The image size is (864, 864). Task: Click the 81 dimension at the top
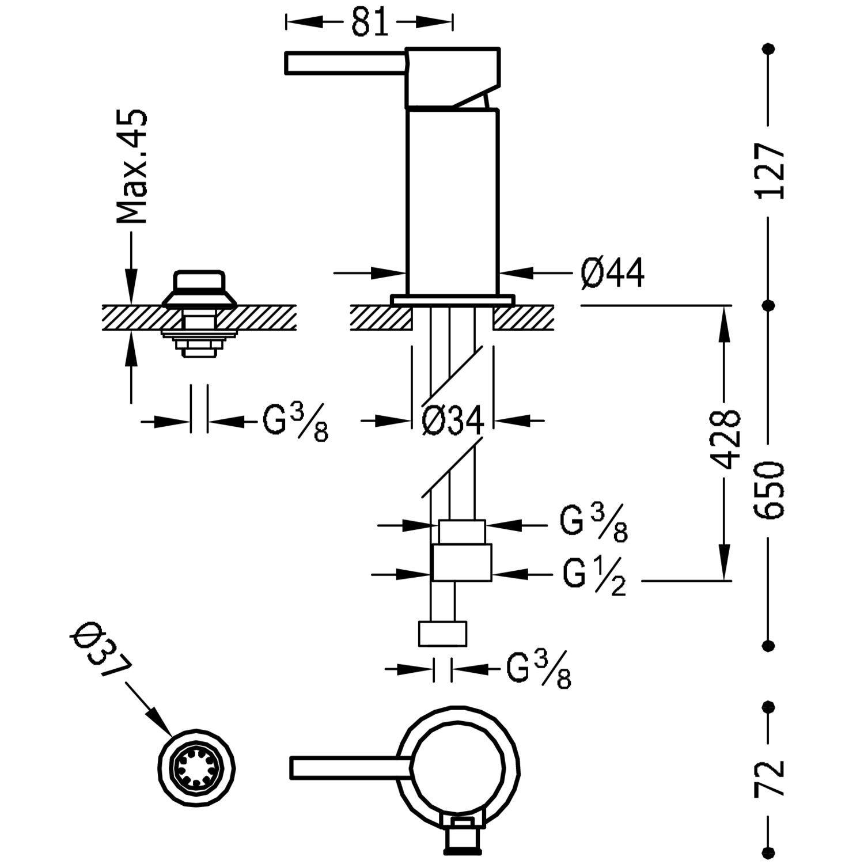369,23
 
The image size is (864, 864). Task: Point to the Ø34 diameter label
453,422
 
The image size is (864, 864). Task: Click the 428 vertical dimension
725,440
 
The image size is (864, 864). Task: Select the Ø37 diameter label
100,651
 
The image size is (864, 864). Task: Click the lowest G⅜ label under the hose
539,669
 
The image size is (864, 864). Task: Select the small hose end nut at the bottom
442,634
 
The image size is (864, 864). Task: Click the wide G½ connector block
461,562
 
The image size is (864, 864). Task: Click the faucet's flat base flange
452,300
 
